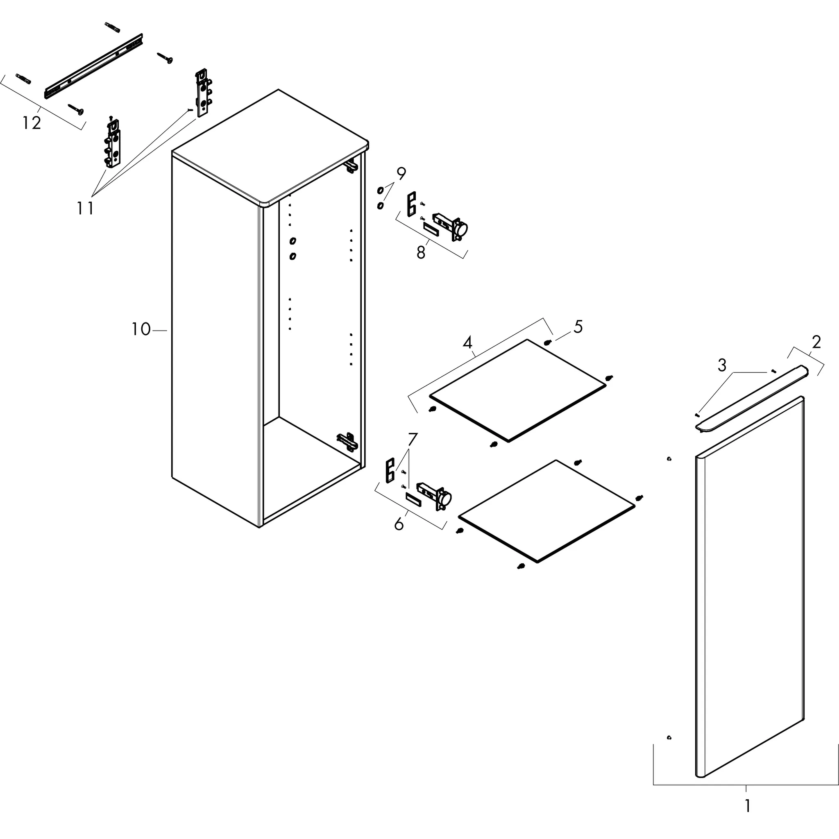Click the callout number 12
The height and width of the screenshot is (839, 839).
coord(32,123)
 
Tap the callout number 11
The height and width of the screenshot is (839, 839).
coord(86,209)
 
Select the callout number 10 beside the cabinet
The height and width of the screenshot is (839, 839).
coord(141,330)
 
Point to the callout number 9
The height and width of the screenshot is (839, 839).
coord(401,174)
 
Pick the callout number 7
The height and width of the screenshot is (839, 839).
coord(412,440)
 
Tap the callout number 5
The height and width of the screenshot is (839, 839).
coord(578,327)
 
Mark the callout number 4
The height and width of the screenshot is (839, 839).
coord(467,343)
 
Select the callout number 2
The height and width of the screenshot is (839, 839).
coord(816,342)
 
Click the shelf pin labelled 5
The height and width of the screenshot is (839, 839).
coord(548,342)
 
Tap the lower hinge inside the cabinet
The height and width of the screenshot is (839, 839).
coord(348,441)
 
